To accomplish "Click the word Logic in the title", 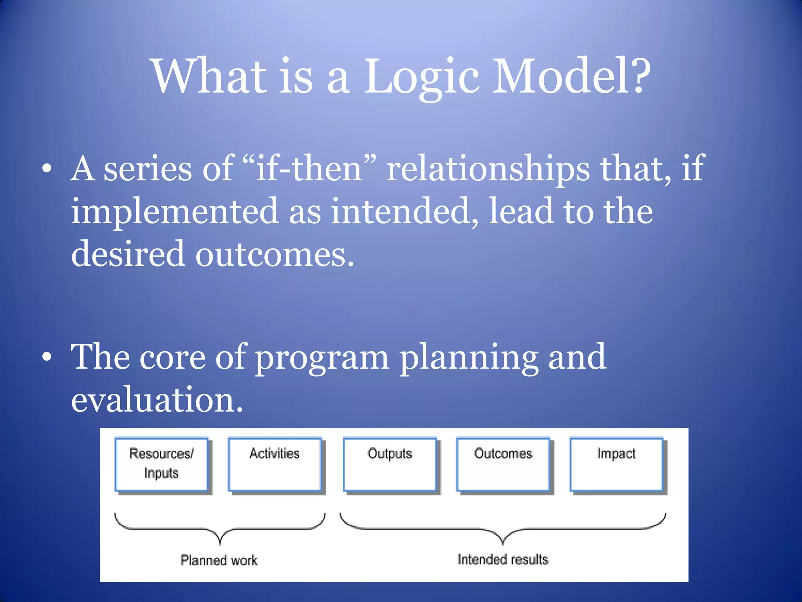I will (x=422, y=76).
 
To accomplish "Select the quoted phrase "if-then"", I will (x=309, y=169).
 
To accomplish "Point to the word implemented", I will (x=175, y=212).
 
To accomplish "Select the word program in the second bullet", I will (x=322, y=357).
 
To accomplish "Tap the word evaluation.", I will (x=157, y=400).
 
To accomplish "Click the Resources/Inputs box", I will (x=161, y=464).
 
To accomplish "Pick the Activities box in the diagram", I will (x=275, y=464).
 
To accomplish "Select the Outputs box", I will (x=390, y=464).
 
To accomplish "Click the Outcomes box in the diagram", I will (x=503, y=464).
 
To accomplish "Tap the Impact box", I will (x=616, y=464).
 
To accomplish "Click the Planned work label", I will (x=219, y=560).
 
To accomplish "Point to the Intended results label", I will (x=503, y=559).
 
